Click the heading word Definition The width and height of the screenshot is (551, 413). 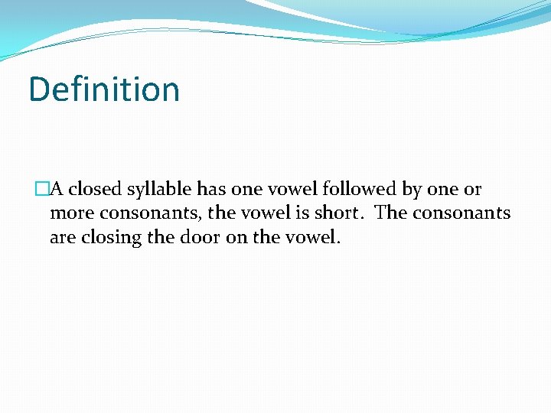pos(104,89)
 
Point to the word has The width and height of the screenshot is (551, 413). pos(210,190)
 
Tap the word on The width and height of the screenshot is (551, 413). pos(237,237)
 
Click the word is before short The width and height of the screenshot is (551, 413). pos(301,213)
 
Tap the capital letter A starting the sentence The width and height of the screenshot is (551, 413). pos(56,190)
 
